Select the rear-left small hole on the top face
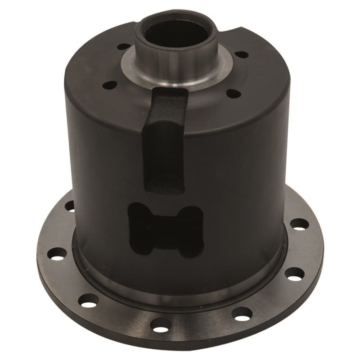[x=122, y=46]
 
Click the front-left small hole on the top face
[x=108, y=84]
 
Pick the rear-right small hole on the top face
[x=242, y=54]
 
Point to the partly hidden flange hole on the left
[x=70, y=206]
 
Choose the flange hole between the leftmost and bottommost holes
[x=88, y=300]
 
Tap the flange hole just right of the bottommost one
[x=242, y=314]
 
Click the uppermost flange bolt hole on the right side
[x=299, y=224]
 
